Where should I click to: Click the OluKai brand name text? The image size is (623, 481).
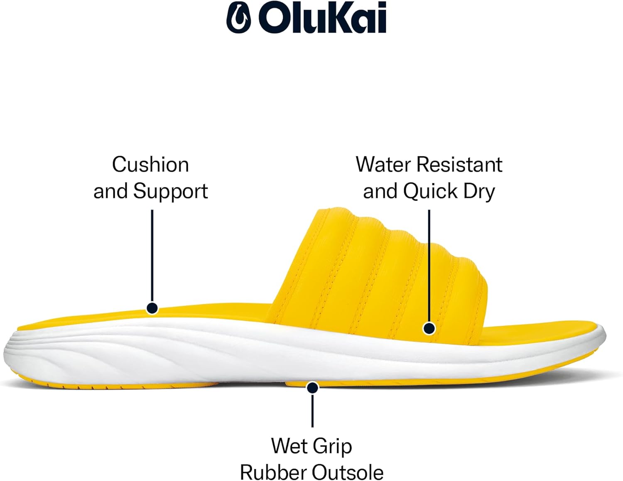tap(323, 18)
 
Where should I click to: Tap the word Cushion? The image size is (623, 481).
tap(150, 165)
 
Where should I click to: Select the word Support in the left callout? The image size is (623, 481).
tap(171, 192)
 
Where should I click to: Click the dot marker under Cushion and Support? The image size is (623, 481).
tap(152, 308)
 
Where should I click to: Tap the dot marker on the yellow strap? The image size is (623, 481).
tap(429, 328)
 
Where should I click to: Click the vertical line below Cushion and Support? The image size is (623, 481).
tap(152, 256)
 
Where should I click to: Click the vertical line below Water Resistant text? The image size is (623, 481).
tap(429, 266)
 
